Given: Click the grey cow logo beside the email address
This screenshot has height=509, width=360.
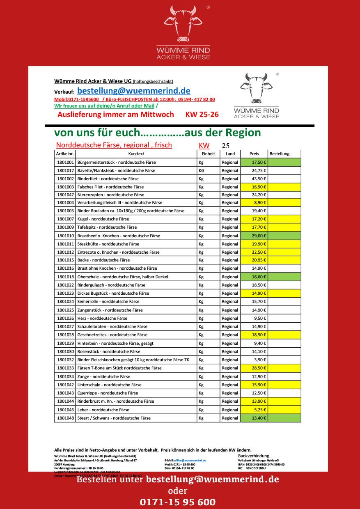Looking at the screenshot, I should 256,88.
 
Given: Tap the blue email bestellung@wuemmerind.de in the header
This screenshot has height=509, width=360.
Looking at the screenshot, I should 133,91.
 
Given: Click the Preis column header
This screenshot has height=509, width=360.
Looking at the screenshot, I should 254,154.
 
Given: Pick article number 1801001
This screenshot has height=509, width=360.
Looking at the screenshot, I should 65,162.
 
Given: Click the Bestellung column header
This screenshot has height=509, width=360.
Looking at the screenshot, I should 280,154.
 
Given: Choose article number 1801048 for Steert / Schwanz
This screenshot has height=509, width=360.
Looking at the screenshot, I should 65,418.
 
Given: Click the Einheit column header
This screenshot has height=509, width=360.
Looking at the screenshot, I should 208,154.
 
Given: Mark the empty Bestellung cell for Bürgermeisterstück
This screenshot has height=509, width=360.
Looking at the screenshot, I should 284,162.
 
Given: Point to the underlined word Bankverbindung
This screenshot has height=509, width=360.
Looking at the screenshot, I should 254,456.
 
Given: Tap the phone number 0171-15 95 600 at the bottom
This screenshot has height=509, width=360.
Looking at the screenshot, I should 177,502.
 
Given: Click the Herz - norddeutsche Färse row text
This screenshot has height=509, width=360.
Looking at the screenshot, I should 102,318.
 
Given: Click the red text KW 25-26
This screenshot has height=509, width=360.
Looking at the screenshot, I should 202,115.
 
